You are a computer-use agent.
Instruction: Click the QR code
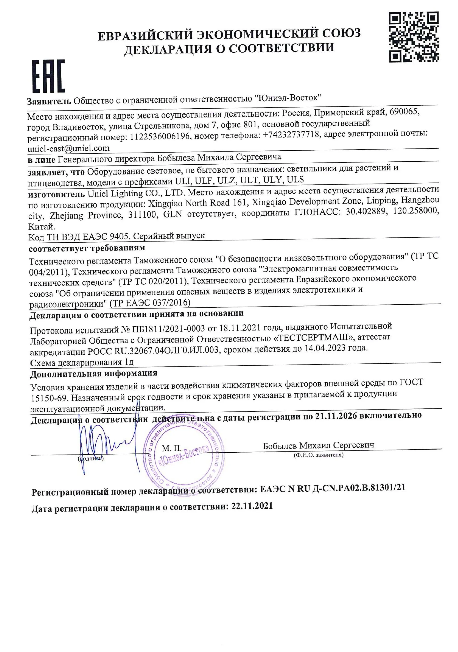pos(414,37)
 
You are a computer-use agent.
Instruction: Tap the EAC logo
pos(48,76)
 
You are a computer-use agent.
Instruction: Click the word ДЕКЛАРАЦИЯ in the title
pos(167,49)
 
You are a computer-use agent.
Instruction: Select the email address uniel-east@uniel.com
pos(68,148)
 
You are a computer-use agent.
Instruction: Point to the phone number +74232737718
pos(291,135)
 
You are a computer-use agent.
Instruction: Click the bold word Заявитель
pos(49,101)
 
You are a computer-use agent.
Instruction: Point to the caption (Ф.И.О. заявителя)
pos(318,455)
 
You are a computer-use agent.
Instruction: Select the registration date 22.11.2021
pos(252,506)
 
